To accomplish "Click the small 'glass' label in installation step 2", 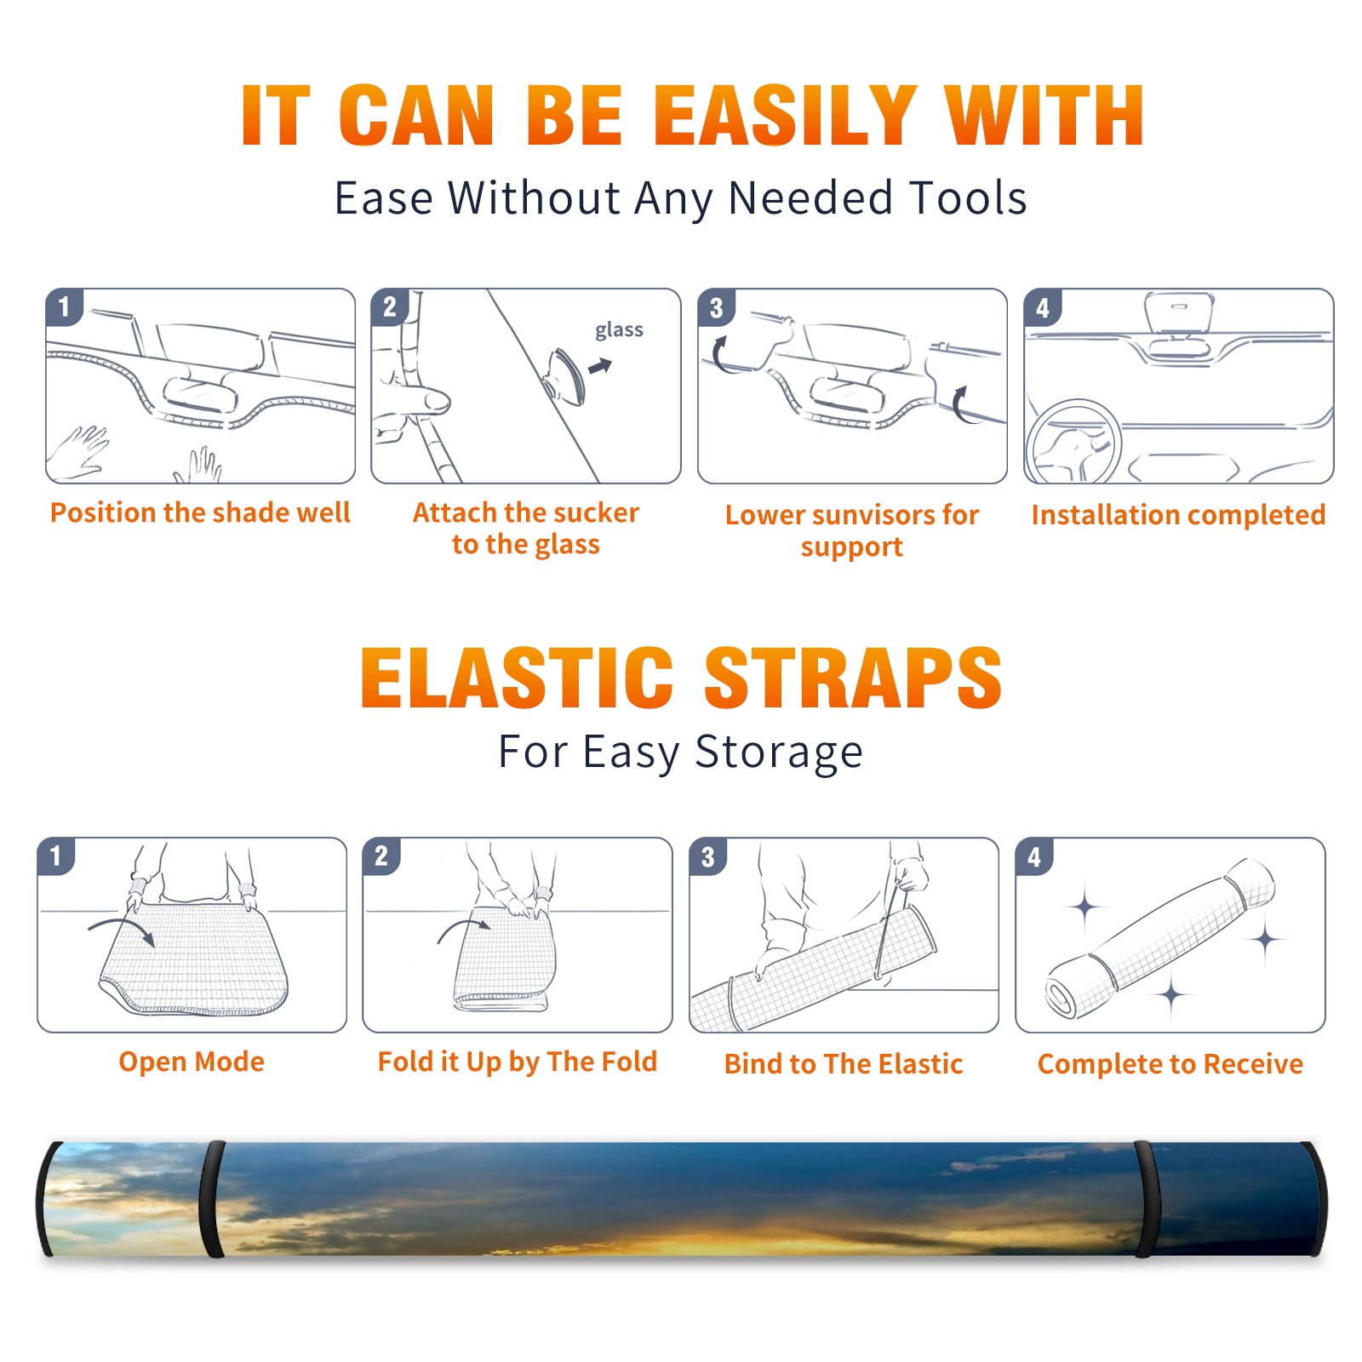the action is pos(619,330).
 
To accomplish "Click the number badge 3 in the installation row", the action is pos(716,307).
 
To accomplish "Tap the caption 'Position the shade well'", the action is pos(200,512).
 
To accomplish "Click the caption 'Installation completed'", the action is pos(1178,515).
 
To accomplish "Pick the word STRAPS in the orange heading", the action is pos(853,678).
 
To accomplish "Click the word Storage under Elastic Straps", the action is pos(778,753).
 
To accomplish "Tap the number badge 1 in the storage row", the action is pos(56,856).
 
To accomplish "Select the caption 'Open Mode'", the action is pos(192,1062).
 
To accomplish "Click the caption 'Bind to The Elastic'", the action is pos(844,1064).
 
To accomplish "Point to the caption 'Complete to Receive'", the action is pos(1170,1065).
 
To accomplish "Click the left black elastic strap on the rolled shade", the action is pos(211,1199).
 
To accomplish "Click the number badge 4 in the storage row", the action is pos(1034,856).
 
